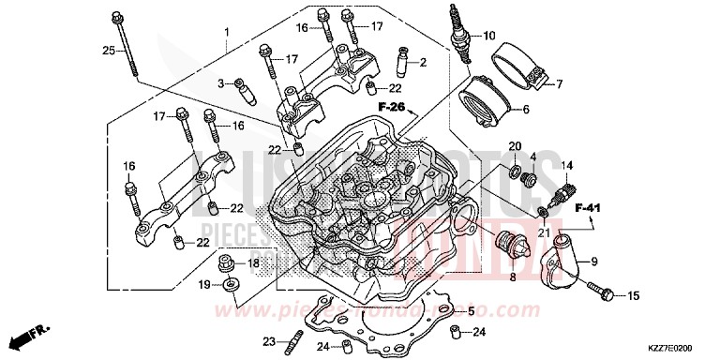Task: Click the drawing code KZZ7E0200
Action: pos(679,348)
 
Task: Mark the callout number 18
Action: pos(253,264)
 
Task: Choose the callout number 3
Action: pos(223,83)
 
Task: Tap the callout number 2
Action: pos(422,63)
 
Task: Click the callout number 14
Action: pos(566,167)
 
